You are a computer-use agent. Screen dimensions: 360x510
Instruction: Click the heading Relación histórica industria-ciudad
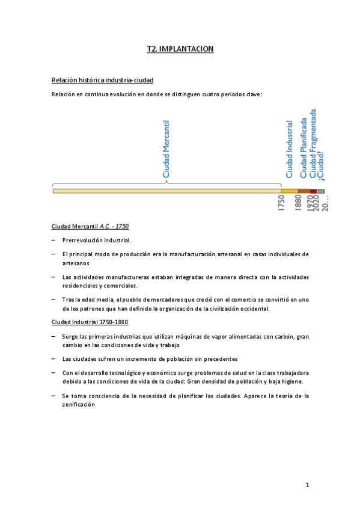[106, 80]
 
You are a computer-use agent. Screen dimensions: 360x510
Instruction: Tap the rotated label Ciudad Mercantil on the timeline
[167, 150]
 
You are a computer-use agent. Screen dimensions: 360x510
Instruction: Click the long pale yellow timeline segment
[166, 191]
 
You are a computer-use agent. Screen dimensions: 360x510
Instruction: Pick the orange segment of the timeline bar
[289, 191]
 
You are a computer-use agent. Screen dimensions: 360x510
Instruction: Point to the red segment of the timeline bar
[313, 191]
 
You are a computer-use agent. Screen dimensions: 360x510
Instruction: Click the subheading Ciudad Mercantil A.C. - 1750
[90, 226]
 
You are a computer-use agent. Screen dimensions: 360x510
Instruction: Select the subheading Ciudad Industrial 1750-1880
[90, 322]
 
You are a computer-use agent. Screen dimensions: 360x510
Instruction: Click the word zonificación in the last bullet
[79, 405]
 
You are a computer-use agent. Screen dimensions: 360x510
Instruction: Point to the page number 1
[307, 485]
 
